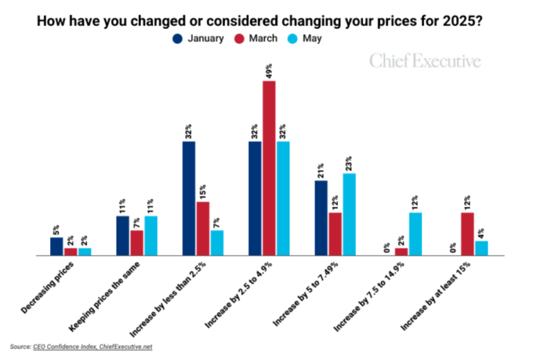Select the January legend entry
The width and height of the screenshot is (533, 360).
(x=198, y=39)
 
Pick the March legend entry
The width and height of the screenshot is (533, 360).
(x=256, y=39)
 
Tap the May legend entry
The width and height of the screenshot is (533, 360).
(x=305, y=39)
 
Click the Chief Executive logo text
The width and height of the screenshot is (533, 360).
(x=425, y=61)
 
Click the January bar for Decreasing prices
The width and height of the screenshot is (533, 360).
(x=57, y=246)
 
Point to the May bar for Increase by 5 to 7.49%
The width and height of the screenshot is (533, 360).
(x=348, y=214)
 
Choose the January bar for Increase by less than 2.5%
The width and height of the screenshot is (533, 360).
(x=189, y=198)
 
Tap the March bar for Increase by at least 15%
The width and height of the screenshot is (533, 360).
(x=467, y=234)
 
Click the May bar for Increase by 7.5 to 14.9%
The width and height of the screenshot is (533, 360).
(x=414, y=234)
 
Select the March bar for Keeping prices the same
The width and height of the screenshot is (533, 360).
(x=137, y=243)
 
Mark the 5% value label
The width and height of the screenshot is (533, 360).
(x=57, y=228)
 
